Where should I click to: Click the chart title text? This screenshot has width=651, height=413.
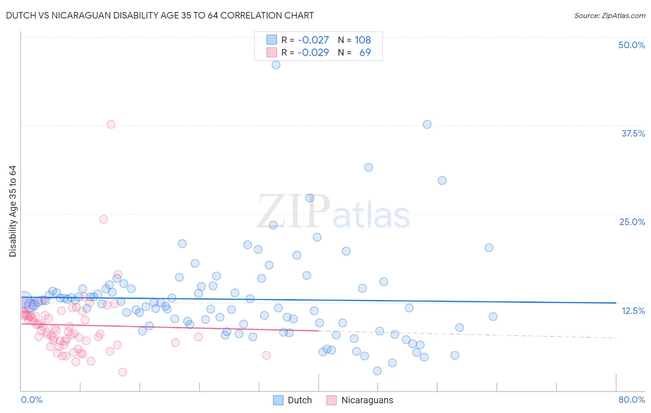point(160,15)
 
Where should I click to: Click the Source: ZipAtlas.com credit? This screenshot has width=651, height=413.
point(609,15)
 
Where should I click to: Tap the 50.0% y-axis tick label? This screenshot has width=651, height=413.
point(632,45)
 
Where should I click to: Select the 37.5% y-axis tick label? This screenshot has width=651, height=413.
point(633,133)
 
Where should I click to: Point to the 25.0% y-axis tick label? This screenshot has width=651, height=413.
point(632,222)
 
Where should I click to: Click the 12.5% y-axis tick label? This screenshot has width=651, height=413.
point(633,311)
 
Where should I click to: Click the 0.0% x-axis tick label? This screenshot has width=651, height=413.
point(31,400)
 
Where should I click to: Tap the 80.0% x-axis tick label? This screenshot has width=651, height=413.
point(632,400)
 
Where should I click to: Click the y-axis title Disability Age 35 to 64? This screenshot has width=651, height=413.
point(13,211)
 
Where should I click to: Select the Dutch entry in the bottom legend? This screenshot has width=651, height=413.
point(293,400)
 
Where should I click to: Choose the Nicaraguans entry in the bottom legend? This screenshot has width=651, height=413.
point(360,400)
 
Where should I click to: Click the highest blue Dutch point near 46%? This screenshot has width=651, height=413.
point(276,65)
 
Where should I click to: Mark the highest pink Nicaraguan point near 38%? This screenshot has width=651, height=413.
point(111,124)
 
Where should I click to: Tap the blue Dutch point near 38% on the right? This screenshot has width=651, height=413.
point(427,125)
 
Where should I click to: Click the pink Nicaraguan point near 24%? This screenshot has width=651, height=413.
point(104,219)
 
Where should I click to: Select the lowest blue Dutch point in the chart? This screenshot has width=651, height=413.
point(377,371)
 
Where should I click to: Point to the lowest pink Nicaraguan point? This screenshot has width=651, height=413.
point(123,372)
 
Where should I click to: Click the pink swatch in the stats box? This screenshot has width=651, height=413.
point(271,52)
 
